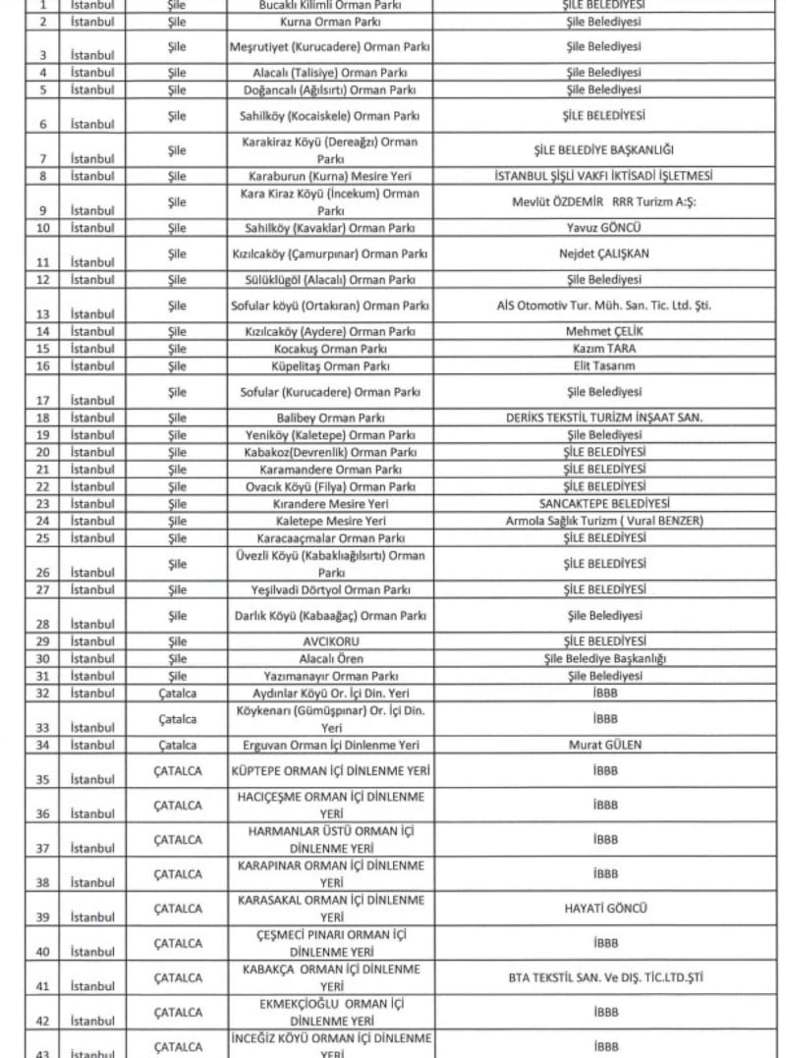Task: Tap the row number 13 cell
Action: pyautogui.click(x=42, y=313)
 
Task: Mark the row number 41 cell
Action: pyautogui.click(x=42, y=985)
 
